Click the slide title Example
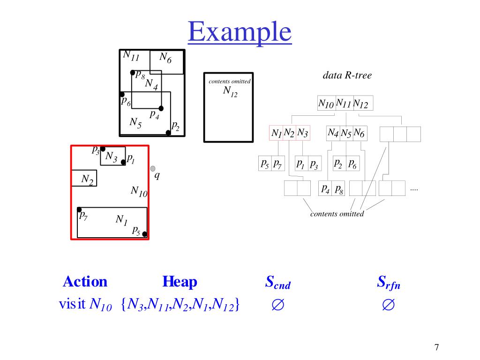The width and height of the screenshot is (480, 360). [240, 33]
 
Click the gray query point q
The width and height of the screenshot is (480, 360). [153, 168]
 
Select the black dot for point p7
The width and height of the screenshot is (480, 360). [80, 210]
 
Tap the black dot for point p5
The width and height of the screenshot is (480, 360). [145, 234]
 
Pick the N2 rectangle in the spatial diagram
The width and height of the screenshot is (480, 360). [84, 178]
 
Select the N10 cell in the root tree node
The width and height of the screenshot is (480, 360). [326, 104]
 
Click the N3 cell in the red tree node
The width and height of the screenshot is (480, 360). [303, 133]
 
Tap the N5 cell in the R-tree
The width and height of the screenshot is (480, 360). [346, 134]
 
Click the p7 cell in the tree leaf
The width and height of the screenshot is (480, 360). [277, 164]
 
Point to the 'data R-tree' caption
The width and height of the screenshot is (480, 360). [347, 75]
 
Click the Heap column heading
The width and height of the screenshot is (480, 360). [180, 282]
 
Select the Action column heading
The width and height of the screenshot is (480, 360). [85, 282]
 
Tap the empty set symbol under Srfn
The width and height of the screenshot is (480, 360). [388, 306]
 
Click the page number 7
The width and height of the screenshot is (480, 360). [436, 347]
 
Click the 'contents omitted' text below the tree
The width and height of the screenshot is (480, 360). [337, 214]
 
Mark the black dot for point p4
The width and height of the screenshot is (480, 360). [161, 108]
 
